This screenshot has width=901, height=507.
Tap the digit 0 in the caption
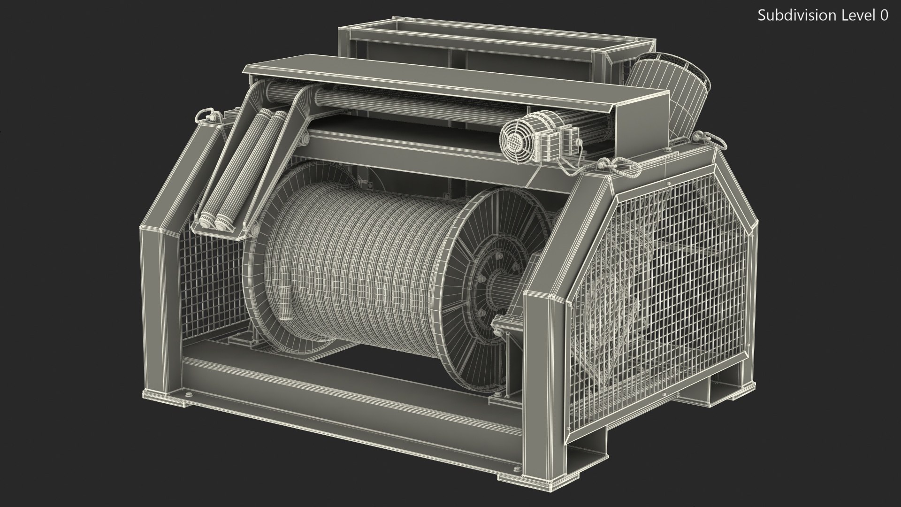pos(883,15)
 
